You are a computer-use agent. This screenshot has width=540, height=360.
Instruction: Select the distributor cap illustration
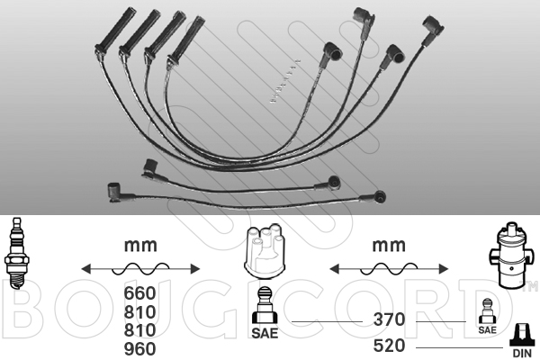[264, 251]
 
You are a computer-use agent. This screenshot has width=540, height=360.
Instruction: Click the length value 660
[139, 293]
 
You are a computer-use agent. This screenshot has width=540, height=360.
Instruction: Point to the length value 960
[139, 349]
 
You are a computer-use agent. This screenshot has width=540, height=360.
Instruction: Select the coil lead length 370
[389, 319]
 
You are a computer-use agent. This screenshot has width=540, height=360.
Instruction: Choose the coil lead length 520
[389, 346]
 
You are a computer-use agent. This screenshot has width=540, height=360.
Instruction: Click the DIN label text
[522, 353]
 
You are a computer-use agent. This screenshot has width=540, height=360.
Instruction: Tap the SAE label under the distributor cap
[265, 333]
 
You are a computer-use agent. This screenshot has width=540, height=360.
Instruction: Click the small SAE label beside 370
[487, 330]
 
